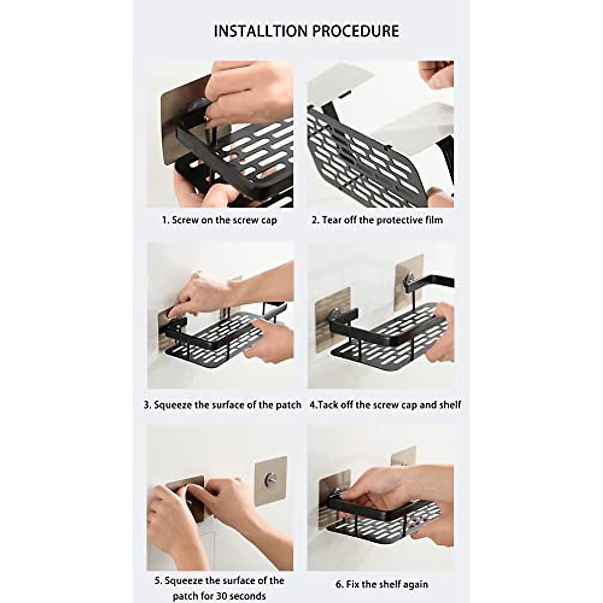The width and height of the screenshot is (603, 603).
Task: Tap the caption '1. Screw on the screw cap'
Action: coord(220,220)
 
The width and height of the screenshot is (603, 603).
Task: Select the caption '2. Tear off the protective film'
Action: coord(377,220)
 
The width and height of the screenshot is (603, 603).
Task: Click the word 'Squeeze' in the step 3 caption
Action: coord(173,405)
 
